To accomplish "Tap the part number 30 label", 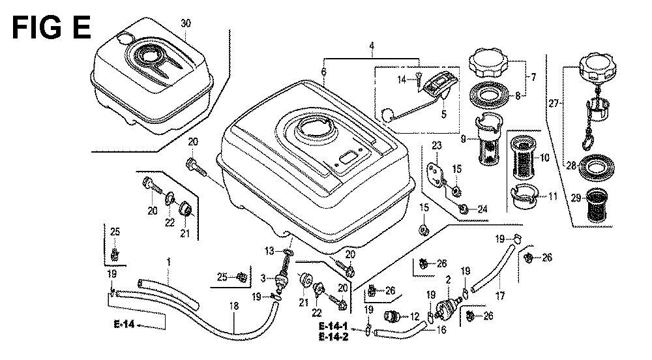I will click(x=186, y=23).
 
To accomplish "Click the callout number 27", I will click(x=555, y=103).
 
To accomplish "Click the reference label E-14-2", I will click(x=333, y=337).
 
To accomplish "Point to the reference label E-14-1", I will click(x=333, y=326).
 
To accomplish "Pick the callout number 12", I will click(x=415, y=317).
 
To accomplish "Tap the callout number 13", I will click(x=268, y=251).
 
